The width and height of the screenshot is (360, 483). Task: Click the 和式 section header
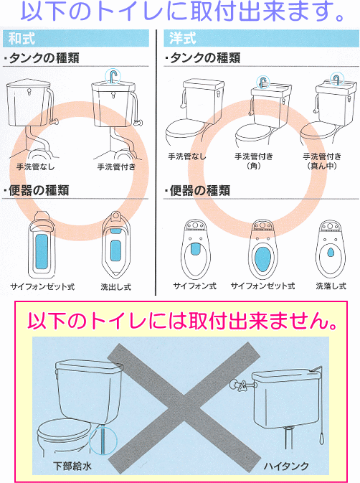22,39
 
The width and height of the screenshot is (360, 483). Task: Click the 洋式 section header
182,39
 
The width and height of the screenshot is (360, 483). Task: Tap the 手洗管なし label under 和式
35,167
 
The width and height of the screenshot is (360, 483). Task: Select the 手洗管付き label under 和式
116,167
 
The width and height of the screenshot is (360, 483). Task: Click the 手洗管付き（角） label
254,161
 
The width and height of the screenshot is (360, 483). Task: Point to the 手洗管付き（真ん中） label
322,161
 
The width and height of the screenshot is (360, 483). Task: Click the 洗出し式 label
115,287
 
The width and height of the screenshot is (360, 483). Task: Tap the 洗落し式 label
331,286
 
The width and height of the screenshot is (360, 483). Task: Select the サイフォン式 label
195,286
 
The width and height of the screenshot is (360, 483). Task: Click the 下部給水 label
72,466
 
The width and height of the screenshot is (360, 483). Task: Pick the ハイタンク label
286,466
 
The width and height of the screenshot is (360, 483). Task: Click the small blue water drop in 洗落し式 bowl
331,253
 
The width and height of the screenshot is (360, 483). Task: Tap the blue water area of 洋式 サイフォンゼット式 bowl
263,259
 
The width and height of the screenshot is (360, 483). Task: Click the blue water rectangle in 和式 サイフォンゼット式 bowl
42,252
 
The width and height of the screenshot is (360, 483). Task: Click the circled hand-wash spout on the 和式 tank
113,76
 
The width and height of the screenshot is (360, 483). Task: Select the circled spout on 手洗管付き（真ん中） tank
337,79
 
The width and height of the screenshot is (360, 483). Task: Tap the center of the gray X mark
184,409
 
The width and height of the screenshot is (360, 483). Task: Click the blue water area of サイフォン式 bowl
195,248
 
